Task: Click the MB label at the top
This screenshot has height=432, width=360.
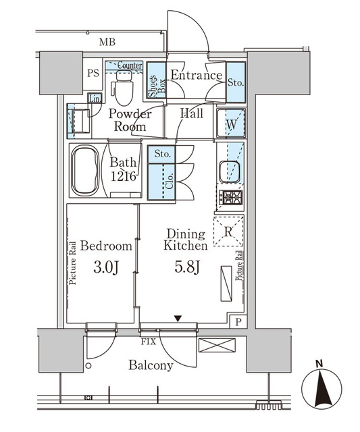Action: click(x=107, y=43)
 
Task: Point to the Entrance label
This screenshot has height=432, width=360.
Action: click(x=196, y=76)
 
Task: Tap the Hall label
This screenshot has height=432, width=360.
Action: click(x=192, y=114)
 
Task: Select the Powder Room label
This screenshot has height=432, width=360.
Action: click(x=130, y=120)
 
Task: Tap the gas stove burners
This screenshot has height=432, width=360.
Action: click(x=230, y=198)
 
